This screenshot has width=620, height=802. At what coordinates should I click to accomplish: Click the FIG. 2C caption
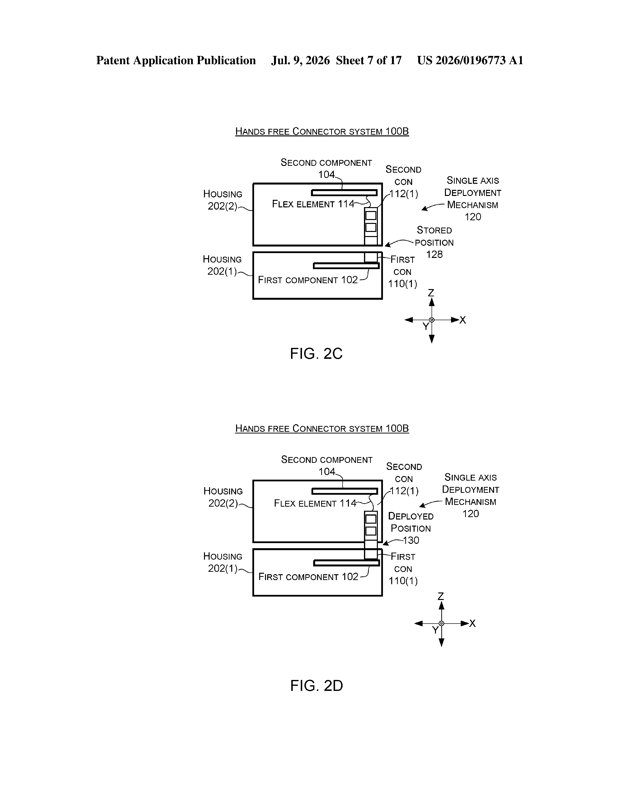316,354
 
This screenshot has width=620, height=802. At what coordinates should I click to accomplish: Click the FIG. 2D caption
317,686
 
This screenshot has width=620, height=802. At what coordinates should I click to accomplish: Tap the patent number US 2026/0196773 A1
470,60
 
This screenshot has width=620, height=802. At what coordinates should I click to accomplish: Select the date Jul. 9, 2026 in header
301,60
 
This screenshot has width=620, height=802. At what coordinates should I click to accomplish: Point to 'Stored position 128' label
434,242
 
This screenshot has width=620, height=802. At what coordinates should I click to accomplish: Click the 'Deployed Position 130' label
411,528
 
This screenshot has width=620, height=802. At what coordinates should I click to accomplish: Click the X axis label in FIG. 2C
462,320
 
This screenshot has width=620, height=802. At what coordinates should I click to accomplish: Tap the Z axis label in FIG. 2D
441,596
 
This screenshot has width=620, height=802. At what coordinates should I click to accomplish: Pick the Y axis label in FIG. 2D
435,630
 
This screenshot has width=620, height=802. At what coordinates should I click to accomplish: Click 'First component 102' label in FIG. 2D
308,577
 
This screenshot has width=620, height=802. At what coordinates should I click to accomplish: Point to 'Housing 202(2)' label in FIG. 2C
222,200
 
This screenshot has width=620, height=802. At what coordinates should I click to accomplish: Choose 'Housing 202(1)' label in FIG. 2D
222,562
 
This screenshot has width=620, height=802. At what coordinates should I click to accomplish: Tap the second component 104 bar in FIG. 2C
344,193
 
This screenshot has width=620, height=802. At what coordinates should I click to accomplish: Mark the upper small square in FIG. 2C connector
371,215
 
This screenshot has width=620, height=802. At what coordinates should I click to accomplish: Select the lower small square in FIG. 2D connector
371,531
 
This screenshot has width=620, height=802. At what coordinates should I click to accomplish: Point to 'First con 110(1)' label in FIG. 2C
403,272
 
